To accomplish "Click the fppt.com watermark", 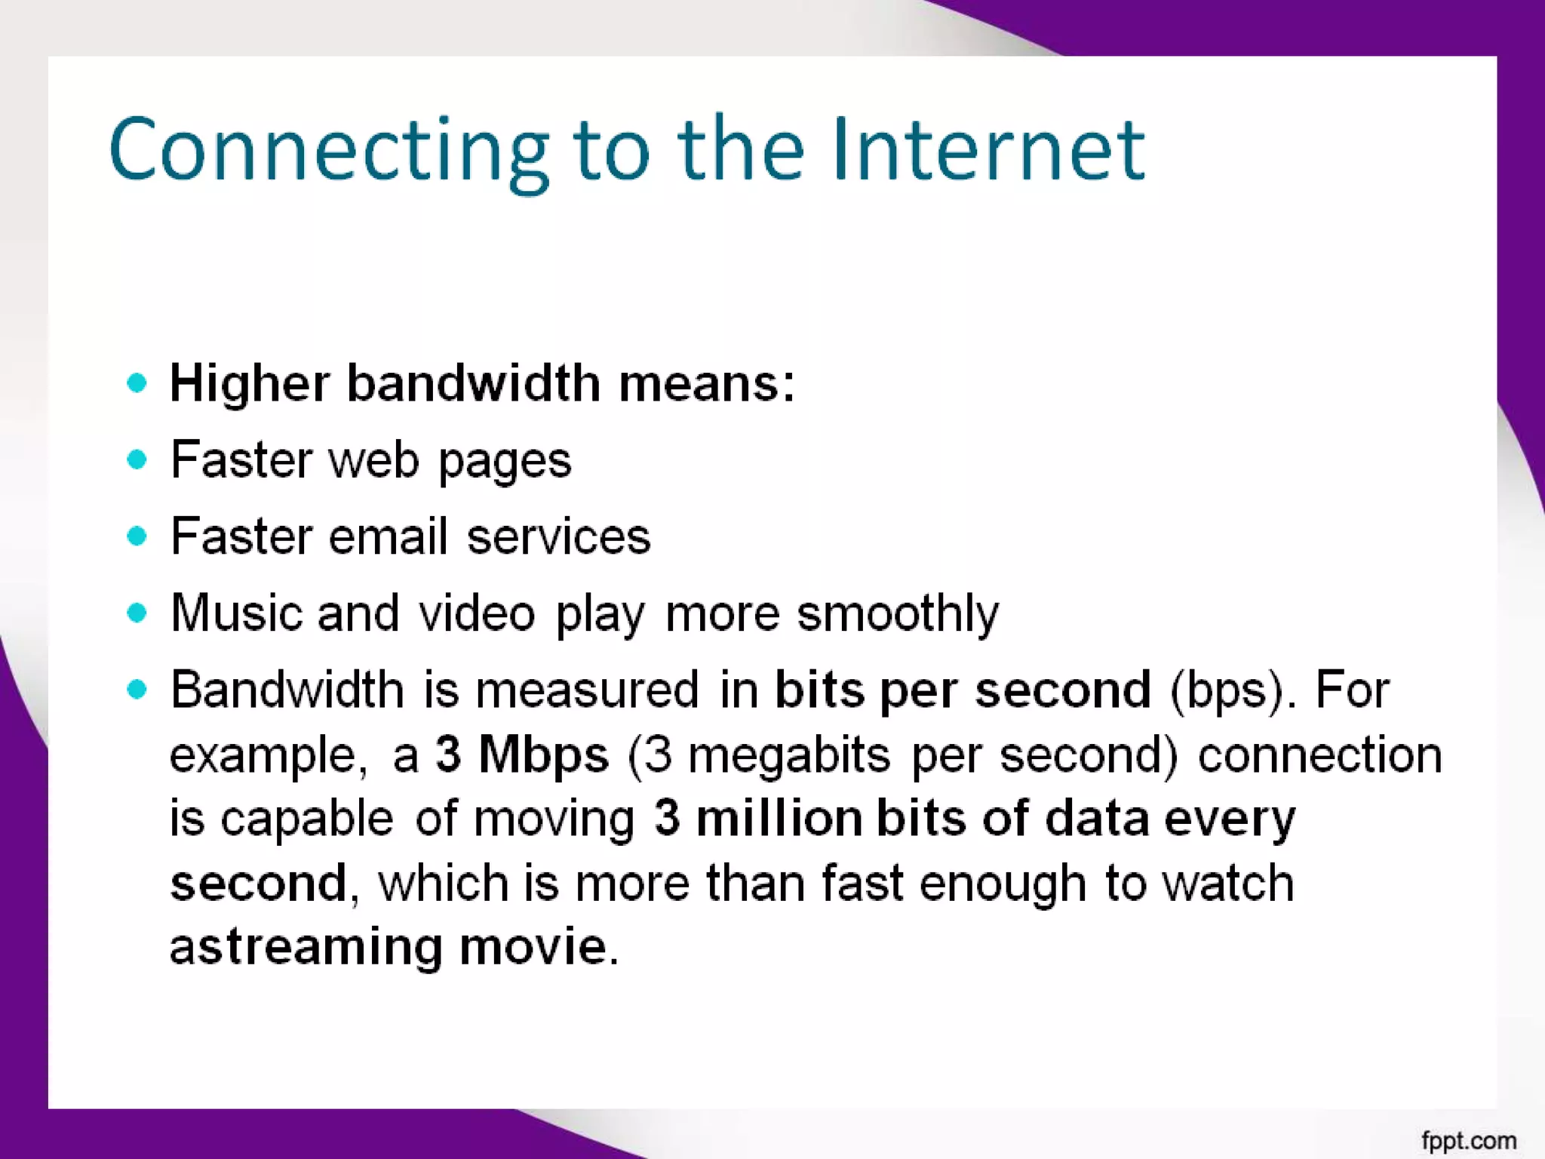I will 1468,1140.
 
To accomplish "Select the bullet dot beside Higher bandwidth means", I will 137,383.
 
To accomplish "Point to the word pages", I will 505,461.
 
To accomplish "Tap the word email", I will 388,536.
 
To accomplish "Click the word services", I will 558,537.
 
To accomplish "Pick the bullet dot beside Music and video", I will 137,612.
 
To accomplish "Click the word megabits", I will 789,755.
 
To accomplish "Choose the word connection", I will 1319,755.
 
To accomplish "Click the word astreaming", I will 306,948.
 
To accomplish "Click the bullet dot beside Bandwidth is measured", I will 137,689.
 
